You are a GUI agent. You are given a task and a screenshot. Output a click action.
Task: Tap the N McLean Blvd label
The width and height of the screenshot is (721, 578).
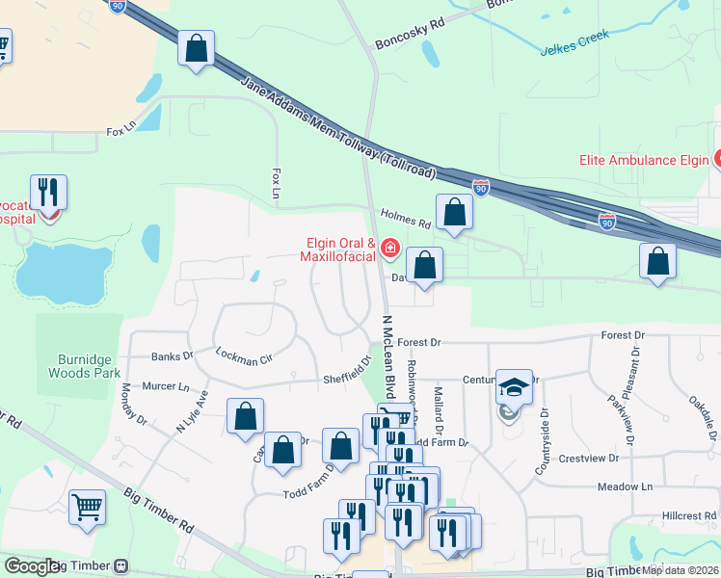388,356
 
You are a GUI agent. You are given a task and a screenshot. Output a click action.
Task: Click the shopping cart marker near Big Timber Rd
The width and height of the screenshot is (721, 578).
88,507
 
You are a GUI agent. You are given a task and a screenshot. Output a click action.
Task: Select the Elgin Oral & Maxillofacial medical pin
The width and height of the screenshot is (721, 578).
390,250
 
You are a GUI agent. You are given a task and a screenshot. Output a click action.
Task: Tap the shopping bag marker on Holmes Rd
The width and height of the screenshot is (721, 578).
454,213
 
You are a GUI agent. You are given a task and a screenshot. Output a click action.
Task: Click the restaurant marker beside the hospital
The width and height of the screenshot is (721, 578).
47,192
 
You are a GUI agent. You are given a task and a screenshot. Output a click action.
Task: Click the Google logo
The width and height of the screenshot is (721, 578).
32,566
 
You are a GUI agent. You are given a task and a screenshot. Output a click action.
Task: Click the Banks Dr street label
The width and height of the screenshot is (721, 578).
173,355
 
